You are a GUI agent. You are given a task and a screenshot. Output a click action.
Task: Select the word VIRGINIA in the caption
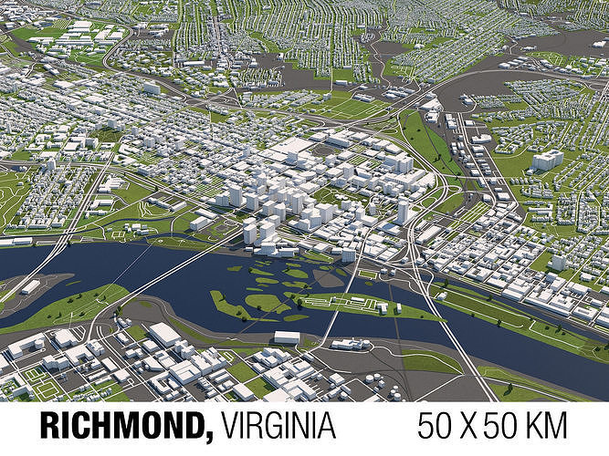click(278, 427)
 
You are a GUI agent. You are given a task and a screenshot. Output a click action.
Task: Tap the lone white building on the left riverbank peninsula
click(31, 286)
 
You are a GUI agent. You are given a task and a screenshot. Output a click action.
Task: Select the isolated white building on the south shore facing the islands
click(287, 337)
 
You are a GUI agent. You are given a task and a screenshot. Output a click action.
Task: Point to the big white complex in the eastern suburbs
click(547, 161)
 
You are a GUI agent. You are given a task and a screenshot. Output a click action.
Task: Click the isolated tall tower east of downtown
click(403, 212)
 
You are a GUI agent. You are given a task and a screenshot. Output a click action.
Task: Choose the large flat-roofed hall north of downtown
click(294, 146)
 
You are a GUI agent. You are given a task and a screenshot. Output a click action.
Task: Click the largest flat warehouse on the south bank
click(165, 335)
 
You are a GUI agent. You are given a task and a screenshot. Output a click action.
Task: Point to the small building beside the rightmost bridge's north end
click(348, 255)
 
